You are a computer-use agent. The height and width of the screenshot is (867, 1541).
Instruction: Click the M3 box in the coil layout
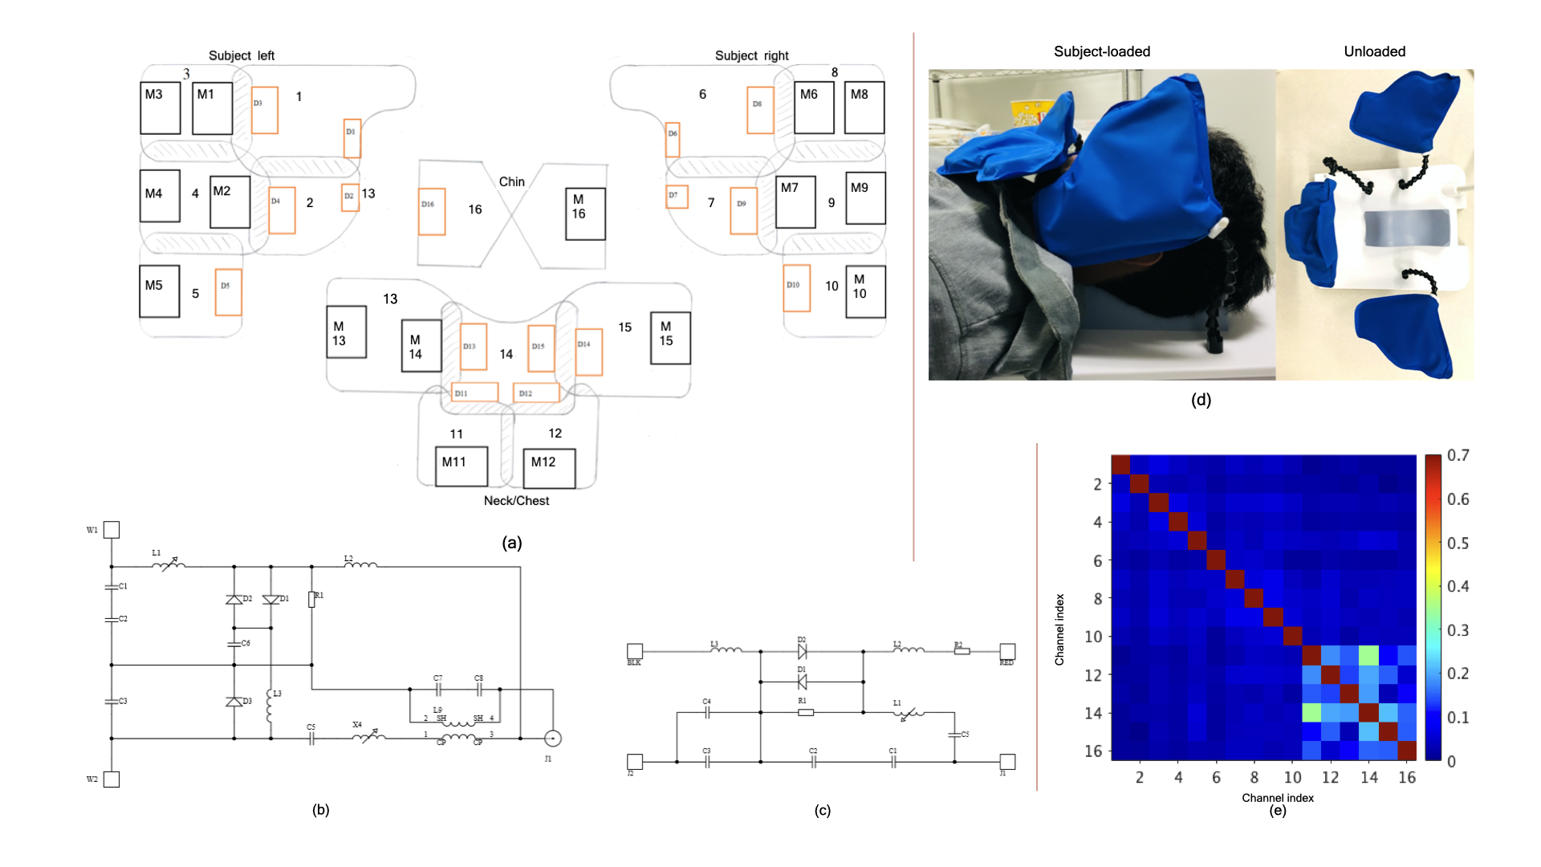click(160, 108)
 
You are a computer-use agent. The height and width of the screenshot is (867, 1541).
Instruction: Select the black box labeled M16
click(585, 214)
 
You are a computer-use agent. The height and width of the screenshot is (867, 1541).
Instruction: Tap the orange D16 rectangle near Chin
click(432, 211)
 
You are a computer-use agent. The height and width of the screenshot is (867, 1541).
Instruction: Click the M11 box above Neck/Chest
click(461, 466)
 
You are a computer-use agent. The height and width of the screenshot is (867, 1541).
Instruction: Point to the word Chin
click(511, 181)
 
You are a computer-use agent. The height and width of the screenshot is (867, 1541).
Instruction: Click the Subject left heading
click(241, 55)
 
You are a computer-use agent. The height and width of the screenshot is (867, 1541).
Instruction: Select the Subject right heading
click(751, 55)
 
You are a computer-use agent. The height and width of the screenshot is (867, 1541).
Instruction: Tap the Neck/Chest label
click(516, 501)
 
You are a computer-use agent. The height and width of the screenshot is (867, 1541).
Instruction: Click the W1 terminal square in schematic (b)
click(112, 530)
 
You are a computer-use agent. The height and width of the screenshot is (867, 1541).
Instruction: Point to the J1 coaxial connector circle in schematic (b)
click(552, 739)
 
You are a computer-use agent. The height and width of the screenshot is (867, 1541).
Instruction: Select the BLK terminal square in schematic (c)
click(635, 651)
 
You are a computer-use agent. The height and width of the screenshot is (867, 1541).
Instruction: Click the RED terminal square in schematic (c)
click(1007, 651)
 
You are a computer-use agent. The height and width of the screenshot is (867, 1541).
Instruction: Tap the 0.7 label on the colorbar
click(1458, 456)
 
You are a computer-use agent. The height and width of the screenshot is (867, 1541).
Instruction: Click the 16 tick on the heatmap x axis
click(1406, 777)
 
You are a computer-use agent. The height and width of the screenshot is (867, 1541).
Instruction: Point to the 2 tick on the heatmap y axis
click(1096, 484)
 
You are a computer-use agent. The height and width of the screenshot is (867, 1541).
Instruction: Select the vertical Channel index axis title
click(1059, 629)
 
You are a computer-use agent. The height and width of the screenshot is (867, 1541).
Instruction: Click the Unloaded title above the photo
click(1374, 51)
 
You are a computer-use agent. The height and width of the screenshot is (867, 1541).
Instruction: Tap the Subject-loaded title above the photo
click(1101, 51)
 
